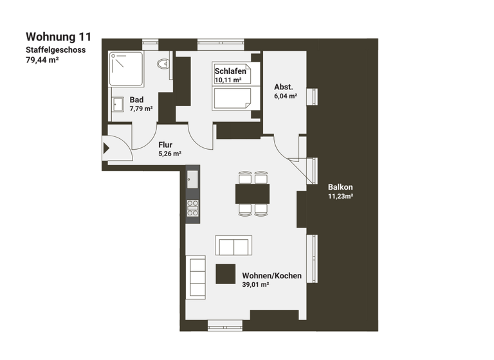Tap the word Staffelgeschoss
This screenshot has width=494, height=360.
pos(55,50)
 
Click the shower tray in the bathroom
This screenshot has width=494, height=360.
pos(125,69)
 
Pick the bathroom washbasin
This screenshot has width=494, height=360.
pos(118,104)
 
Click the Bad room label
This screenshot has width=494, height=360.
pos(136,100)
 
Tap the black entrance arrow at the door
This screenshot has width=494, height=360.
pos(107,148)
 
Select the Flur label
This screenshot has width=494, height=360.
pos(166,145)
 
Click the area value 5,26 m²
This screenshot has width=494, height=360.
pos(170,154)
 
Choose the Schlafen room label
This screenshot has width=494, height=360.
pos(231,71)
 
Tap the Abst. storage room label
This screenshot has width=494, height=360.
pos(284,87)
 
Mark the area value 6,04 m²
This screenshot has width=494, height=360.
pos(285,96)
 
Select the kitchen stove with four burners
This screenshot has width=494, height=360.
pos(192,207)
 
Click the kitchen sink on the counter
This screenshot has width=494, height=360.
pos(192,179)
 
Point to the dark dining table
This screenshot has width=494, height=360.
pos(252,193)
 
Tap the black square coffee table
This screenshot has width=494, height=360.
pos(226,274)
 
